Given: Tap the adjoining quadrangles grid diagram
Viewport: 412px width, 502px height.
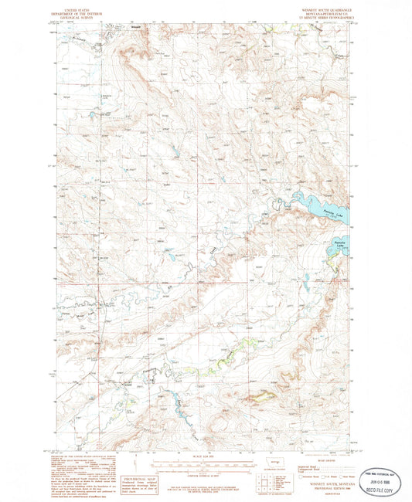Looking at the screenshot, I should pos(264,486).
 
